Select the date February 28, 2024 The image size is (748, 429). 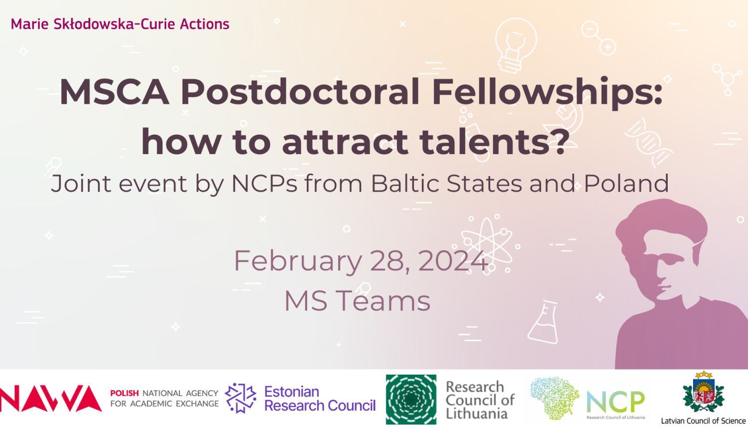click(x=361, y=261)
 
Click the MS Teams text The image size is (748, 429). click(x=358, y=301)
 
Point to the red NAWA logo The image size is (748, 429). click(x=51, y=398)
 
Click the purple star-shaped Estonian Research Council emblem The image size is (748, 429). click(x=240, y=398)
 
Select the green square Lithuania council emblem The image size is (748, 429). click(x=411, y=400)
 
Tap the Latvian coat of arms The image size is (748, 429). click(x=704, y=393)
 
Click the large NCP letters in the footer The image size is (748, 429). click(x=615, y=402)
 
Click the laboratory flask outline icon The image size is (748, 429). click(x=544, y=322)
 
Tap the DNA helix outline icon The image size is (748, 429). click(x=648, y=143)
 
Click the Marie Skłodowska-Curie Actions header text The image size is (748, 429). click(x=120, y=24)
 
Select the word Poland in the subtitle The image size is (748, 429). click(x=626, y=184)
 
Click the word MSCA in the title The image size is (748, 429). click(x=114, y=92)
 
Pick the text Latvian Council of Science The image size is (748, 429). click(x=703, y=421)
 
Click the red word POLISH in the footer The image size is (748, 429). click(x=124, y=393)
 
